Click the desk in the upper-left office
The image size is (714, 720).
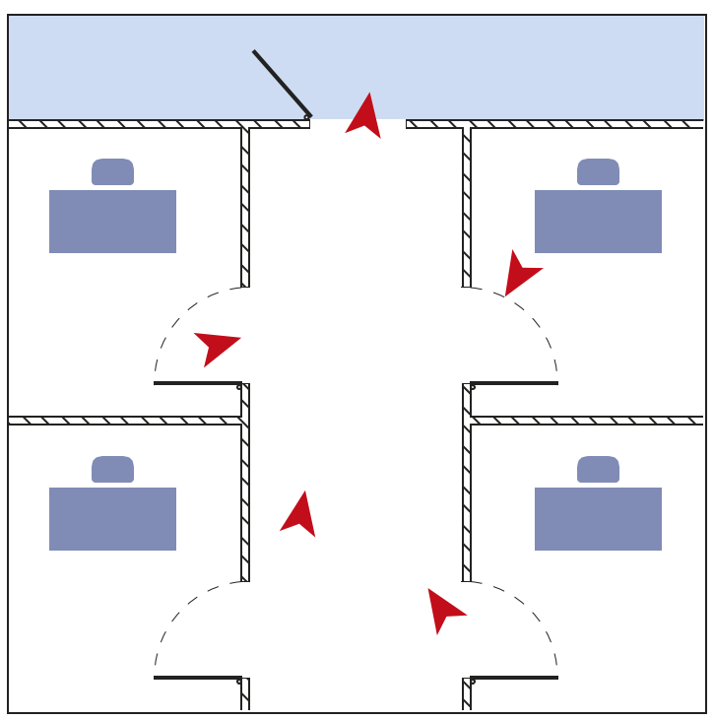[112, 222]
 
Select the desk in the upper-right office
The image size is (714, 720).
[598, 222]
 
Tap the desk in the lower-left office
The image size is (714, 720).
[112, 519]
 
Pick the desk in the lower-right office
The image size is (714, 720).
[598, 519]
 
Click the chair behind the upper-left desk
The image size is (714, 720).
[112, 172]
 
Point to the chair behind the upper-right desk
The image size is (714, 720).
[598, 172]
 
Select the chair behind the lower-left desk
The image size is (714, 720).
[112, 469]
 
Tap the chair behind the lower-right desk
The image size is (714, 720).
[598, 469]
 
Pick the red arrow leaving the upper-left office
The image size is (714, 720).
[216, 346]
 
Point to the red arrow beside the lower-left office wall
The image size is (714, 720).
[299, 515]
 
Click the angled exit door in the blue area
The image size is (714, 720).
[282, 84]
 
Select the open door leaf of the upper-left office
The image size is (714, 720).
[197, 383]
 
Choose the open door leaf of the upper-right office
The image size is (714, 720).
[514, 383]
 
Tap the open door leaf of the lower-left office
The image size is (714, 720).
[197, 678]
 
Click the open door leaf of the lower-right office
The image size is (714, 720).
[514, 678]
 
